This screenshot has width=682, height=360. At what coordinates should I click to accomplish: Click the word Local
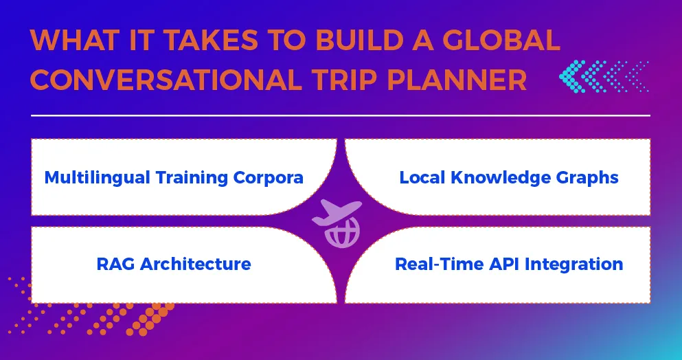coord(420,177)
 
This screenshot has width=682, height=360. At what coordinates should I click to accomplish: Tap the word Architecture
coord(195,264)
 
